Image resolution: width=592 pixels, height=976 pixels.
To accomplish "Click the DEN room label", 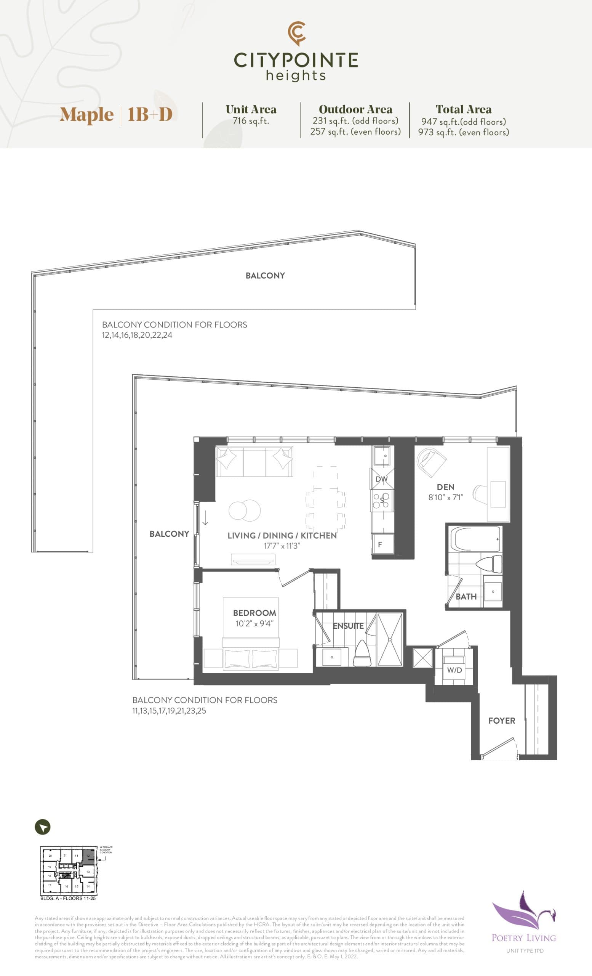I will click(445, 487).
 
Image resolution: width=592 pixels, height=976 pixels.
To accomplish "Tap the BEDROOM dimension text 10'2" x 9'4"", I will click(254, 623).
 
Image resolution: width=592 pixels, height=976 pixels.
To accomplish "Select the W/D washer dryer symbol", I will click(454, 669).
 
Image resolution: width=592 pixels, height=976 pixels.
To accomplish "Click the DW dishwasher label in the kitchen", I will click(381, 479).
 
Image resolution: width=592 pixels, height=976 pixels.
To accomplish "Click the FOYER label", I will click(501, 721).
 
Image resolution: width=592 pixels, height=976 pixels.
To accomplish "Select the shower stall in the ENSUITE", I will click(390, 639).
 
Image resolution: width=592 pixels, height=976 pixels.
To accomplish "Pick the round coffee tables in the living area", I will click(245, 510).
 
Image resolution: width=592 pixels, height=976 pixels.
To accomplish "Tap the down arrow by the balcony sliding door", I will click(205, 518).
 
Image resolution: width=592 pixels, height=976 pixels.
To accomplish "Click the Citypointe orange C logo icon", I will click(296, 33).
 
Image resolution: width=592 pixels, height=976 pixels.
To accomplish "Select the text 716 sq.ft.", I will click(251, 121).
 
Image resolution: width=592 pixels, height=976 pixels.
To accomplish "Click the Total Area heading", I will click(463, 109).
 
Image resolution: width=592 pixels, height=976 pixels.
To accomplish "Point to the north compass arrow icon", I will click(43, 827).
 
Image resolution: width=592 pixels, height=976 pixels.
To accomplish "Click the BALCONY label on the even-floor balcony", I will click(265, 275).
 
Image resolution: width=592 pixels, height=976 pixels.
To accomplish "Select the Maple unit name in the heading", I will click(86, 114).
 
